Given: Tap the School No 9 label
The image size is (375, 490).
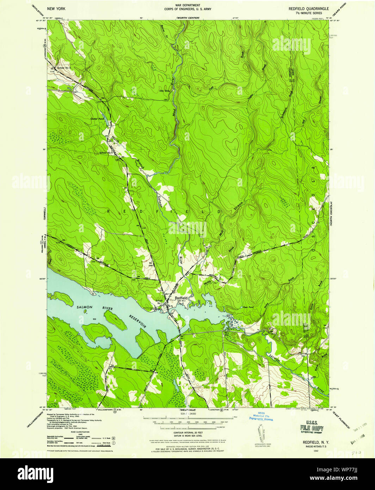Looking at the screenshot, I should pos(106,153).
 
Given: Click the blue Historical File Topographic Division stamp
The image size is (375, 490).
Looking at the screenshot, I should pos(261,416).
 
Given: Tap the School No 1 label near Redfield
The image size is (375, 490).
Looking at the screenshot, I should pos(160,302).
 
